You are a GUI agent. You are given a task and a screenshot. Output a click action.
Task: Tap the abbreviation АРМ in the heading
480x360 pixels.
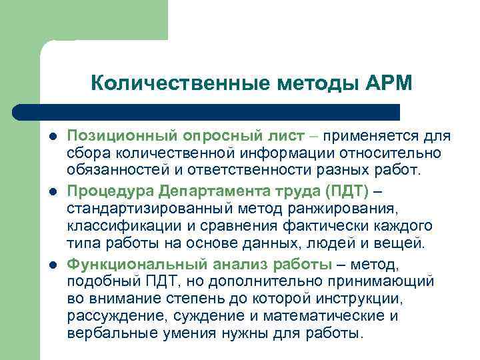[x=389, y=83]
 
